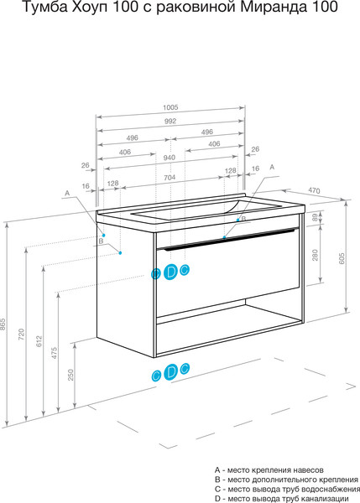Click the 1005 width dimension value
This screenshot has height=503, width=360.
pos(170,107)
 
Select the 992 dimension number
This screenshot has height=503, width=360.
pos(170,121)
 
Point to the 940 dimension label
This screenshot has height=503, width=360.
pos(169,158)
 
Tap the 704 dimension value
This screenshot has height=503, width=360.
pos(170,178)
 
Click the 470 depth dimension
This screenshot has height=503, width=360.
pos(314,190)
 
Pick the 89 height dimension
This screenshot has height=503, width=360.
pos(315,217)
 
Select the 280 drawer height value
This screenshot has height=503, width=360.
pos(315,255)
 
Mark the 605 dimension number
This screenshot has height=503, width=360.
pos(342,258)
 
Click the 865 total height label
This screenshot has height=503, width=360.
pos(3,324)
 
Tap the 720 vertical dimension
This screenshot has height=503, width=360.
pos(21,334)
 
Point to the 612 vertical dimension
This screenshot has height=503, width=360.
pos(39,341)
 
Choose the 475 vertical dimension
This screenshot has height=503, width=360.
pos(55,353)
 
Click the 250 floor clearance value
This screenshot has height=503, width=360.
pos(70,375)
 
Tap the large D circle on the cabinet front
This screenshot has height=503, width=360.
pos(170,272)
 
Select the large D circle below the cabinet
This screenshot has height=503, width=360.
pos(171,372)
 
